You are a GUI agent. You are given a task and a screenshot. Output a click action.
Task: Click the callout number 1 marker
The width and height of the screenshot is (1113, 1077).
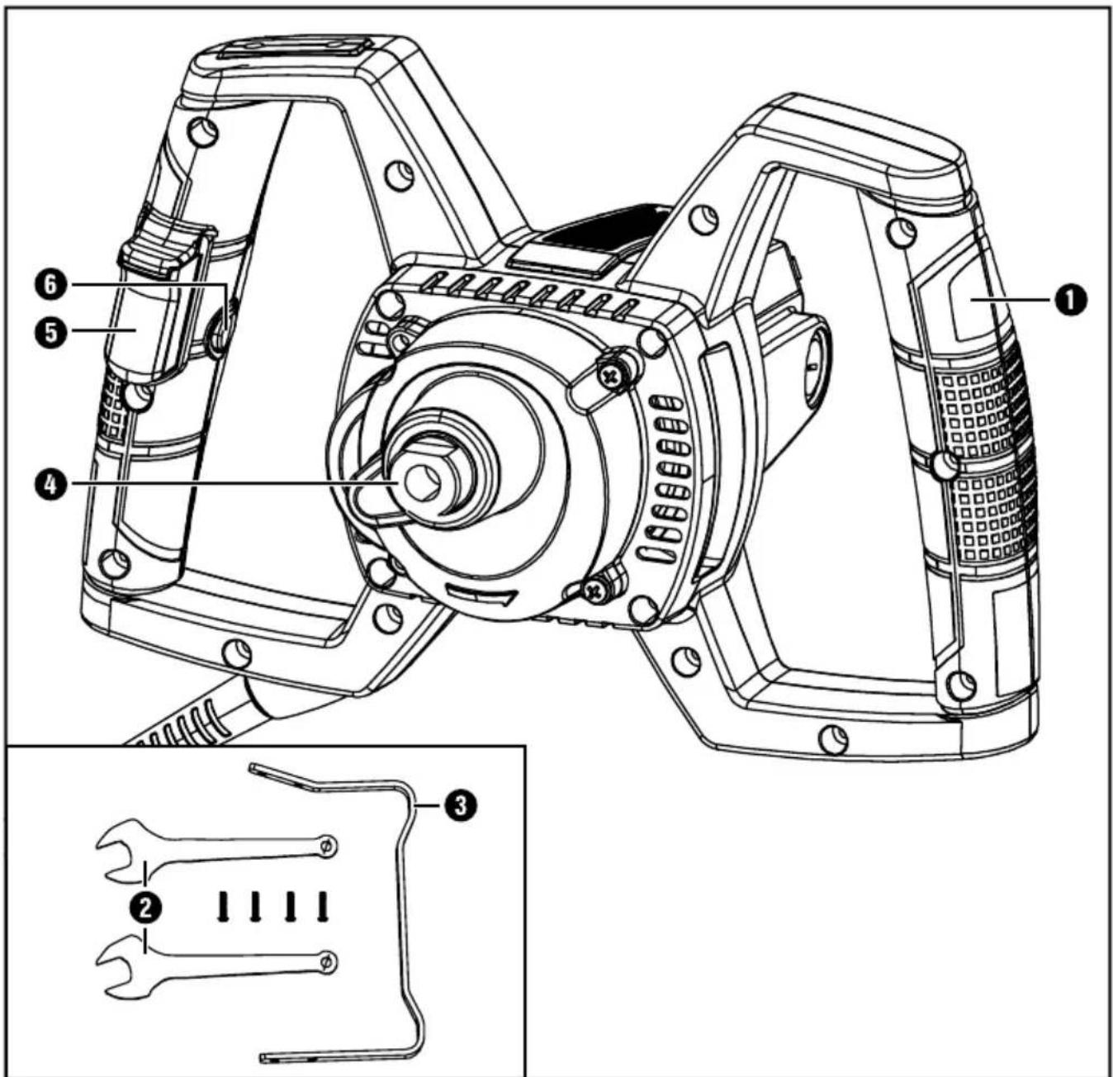(x=1070, y=299)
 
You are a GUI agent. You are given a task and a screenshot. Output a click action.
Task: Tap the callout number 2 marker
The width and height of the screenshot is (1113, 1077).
(x=145, y=908)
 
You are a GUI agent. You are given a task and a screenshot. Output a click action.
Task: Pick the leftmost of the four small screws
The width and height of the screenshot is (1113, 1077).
(x=223, y=907)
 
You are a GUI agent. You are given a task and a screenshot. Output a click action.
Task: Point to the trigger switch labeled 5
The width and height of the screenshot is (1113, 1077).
(x=140, y=334)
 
